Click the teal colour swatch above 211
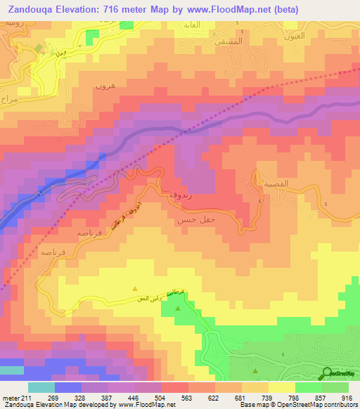[x=41, y=387]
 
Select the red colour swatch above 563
[x=174, y=387]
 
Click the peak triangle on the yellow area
[x=136, y=287]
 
